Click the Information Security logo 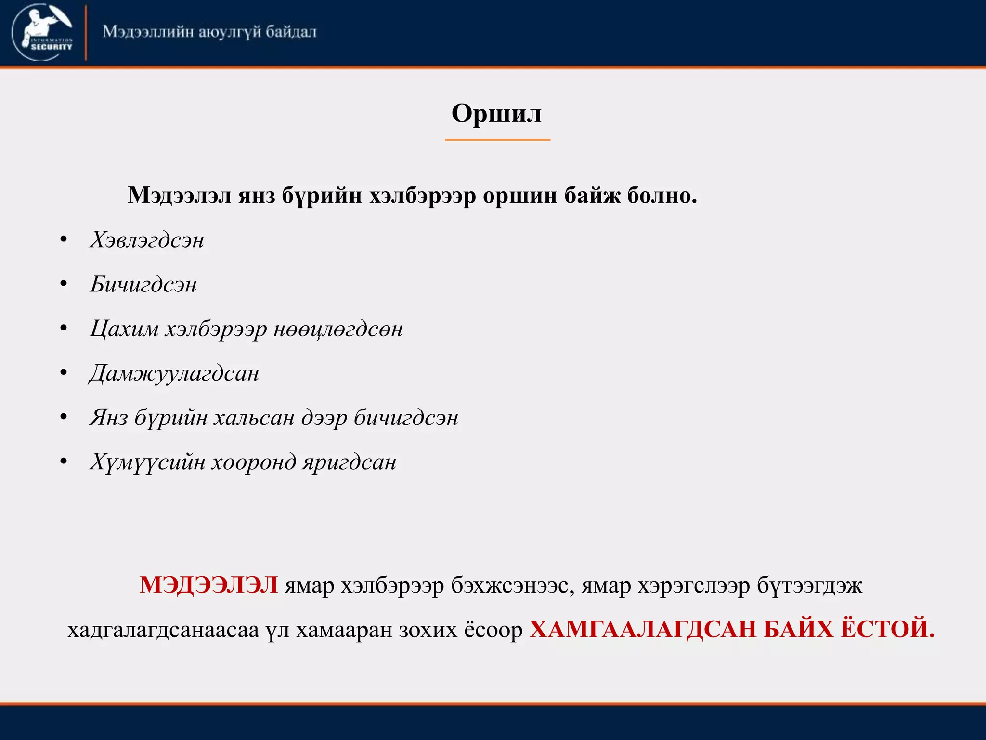click(42, 32)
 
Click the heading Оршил click(496, 114)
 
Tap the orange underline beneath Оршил click(497, 140)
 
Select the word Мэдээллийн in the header click(148, 32)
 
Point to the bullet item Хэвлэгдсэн click(147, 240)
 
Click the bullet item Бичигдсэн click(143, 284)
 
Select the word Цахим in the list click(124, 329)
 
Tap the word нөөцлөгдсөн click(338, 329)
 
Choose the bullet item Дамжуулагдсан click(174, 373)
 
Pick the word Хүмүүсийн click(147, 462)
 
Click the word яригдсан click(350, 462)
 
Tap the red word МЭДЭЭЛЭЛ click(208, 585)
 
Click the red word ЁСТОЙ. click(887, 629)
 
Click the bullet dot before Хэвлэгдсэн click(64, 240)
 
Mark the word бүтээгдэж click(810, 586)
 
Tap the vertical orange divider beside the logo click(86, 33)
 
